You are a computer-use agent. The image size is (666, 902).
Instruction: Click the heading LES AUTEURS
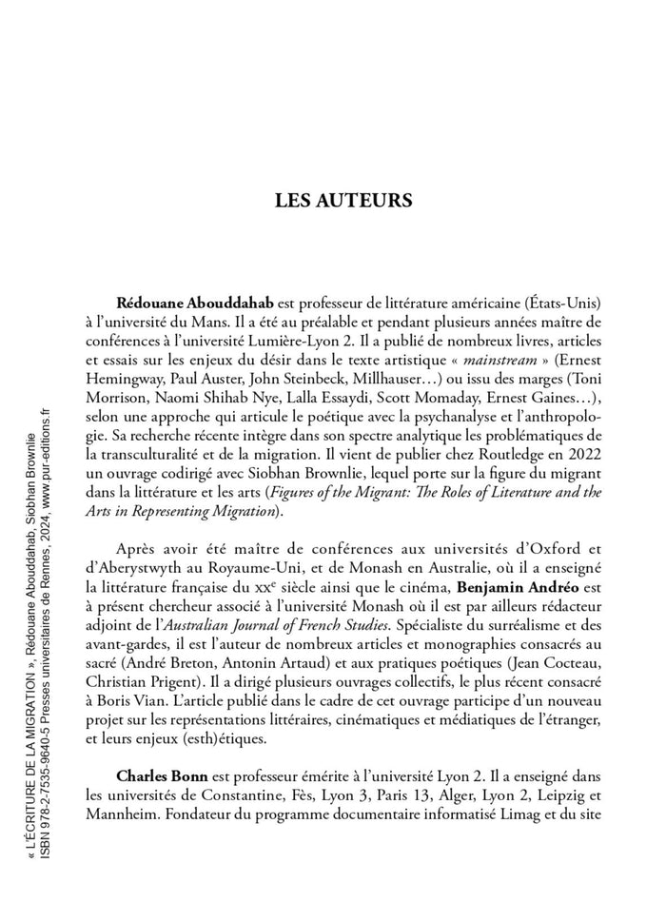pyautogui.click(x=343, y=201)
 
